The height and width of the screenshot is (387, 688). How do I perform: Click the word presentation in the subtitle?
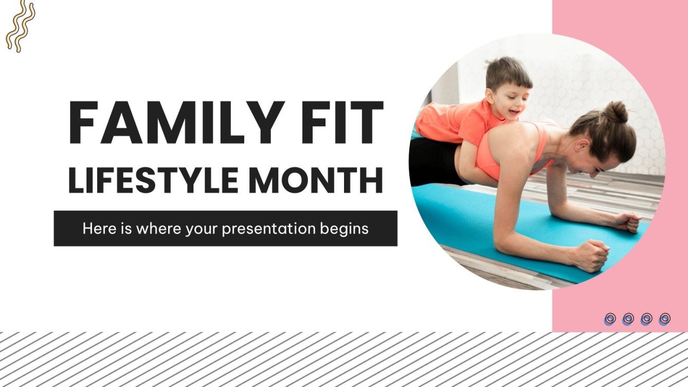coord(270,228)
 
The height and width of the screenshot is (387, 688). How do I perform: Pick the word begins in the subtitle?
coord(346,229)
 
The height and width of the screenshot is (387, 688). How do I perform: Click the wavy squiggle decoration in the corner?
coord(20,25)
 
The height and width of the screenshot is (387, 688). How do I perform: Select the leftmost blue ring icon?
coord(610,319)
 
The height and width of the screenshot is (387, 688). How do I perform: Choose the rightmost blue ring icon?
coord(664,319)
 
